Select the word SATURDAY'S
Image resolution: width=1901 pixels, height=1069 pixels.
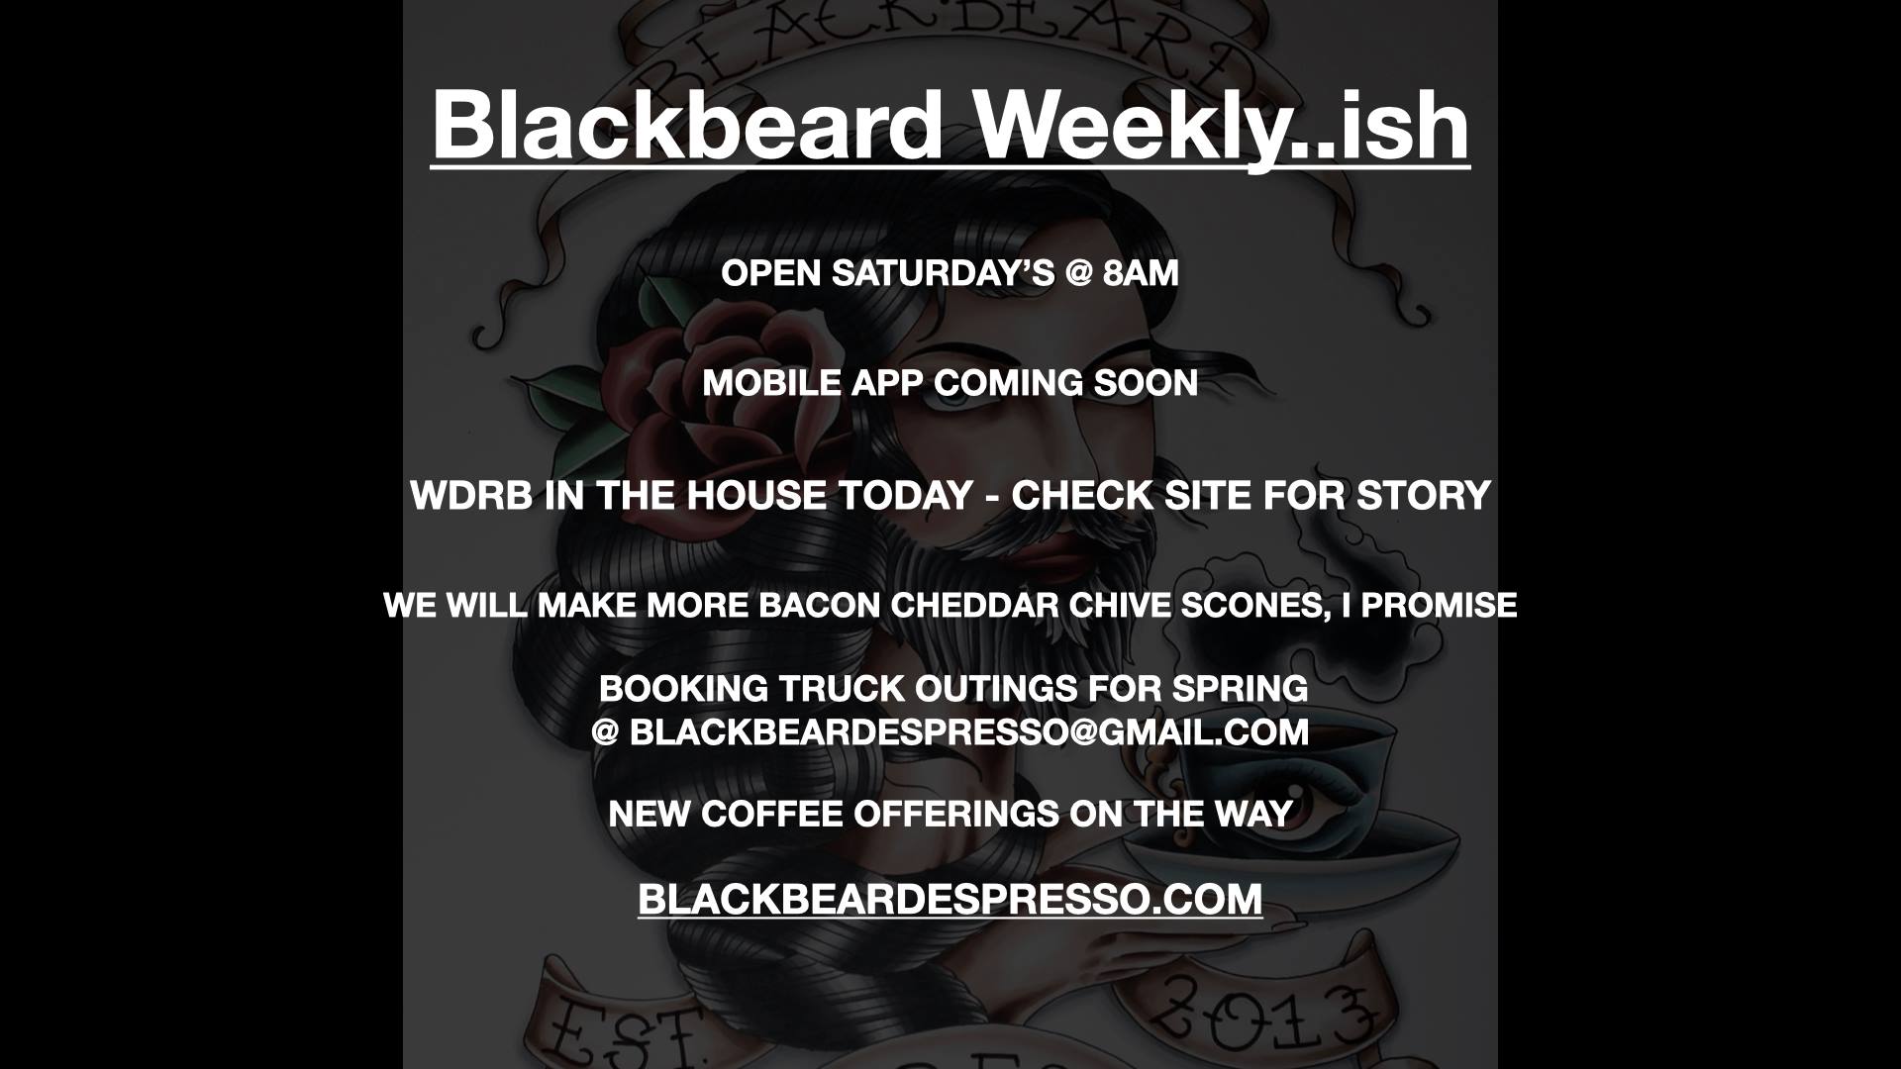point(944,273)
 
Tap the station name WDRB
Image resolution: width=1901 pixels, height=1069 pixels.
point(471,495)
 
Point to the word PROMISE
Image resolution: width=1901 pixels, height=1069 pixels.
point(1439,605)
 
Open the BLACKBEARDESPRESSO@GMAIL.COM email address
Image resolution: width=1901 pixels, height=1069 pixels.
point(968,732)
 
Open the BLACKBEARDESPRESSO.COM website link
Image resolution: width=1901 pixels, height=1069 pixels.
point(950,899)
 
